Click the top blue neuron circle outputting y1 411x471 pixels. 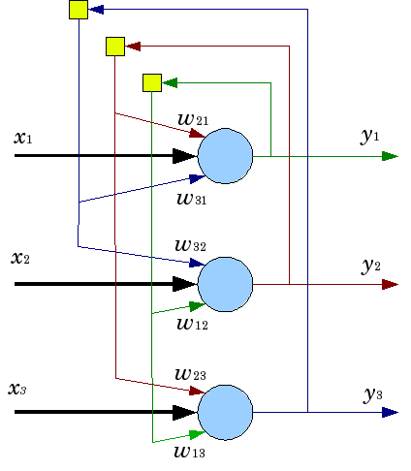tap(225, 155)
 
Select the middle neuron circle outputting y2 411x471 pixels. tap(225, 284)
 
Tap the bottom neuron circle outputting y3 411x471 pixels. tap(225, 412)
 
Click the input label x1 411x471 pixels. tap(23, 138)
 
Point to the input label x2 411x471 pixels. tap(21, 259)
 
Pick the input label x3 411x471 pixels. tap(17, 389)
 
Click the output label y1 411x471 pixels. tap(370, 136)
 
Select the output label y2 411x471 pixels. tap(371, 265)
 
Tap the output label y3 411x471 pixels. tap(373, 393)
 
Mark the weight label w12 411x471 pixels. tap(193, 323)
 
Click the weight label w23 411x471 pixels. tap(191, 373)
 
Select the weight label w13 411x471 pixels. tap(191, 450)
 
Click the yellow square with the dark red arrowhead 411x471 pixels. tap(114, 46)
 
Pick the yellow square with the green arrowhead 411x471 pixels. tap(151, 82)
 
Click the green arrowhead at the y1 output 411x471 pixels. tap(391, 155)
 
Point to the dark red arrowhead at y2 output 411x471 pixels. tap(391, 284)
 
